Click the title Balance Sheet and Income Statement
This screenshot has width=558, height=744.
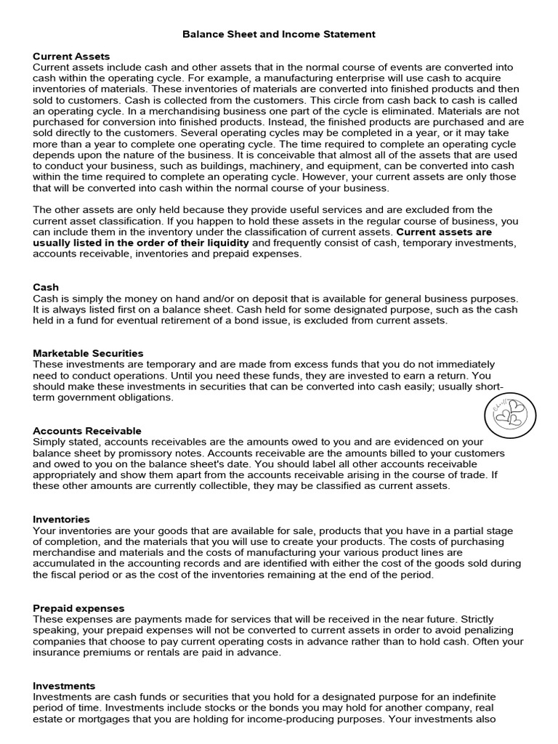pos(279,34)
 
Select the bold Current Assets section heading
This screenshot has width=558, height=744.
pos(71,56)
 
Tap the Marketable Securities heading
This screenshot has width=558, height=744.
pos(88,353)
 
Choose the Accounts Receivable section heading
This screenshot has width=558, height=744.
pos(87,431)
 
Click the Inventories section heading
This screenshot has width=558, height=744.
pos(62,519)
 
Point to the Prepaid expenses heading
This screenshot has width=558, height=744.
pos(78,608)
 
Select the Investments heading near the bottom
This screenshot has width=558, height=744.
pos(64,686)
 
